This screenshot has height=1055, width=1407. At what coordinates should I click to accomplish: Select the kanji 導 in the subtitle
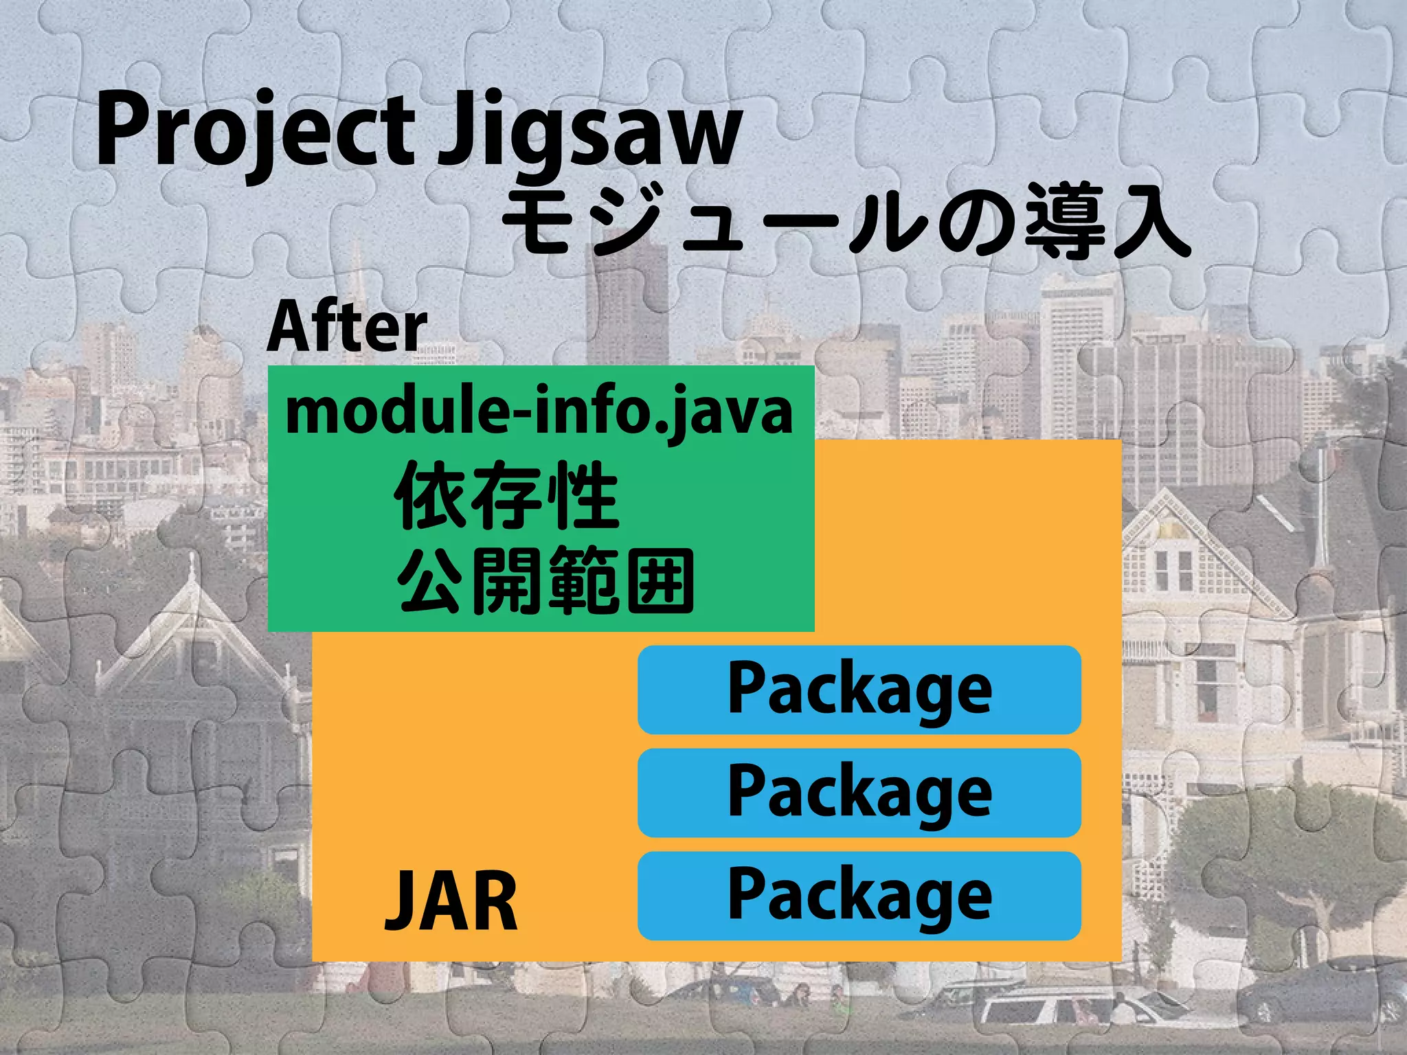(x=1065, y=224)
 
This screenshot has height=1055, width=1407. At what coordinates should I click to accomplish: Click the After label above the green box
(x=347, y=327)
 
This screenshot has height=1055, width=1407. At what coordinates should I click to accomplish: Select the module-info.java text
(x=539, y=412)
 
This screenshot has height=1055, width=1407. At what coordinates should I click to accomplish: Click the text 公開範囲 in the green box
(x=546, y=581)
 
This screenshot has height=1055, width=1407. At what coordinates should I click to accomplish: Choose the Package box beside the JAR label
(x=859, y=896)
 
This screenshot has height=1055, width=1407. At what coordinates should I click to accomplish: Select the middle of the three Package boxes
(x=859, y=793)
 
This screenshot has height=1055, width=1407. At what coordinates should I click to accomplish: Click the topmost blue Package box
(x=859, y=690)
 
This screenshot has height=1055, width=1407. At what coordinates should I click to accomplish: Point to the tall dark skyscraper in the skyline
(x=627, y=302)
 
